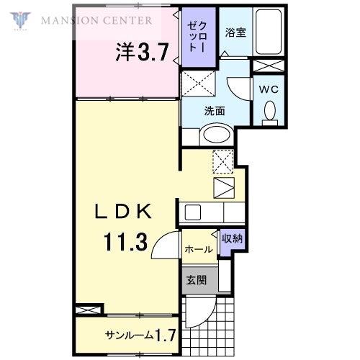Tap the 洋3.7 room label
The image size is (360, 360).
(143, 52)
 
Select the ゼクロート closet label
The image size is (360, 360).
(196, 39)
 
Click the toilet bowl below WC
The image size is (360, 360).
(270, 112)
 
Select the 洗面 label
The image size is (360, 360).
(215, 112)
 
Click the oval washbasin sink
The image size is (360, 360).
(215, 134)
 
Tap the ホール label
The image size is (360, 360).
(198, 250)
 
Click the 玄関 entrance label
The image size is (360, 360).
(197, 280)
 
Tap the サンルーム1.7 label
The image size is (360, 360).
(140, 335)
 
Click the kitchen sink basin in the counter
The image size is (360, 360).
(193, 212)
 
